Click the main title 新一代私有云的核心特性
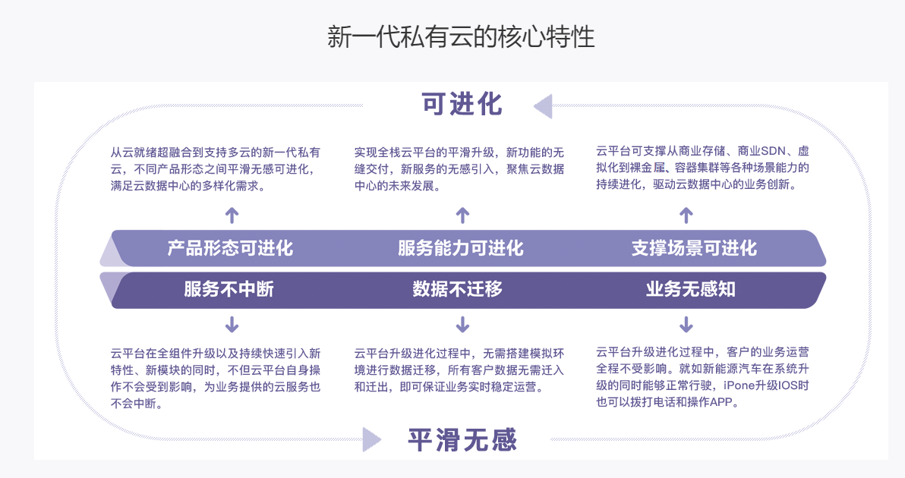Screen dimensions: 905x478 coord(461,37)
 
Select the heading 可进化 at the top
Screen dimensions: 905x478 coord(462,105)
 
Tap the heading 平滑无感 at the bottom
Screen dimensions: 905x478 coord(462,440)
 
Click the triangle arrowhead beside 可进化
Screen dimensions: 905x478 coord(543,106)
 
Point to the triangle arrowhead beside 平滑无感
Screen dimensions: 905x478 coord(372,439)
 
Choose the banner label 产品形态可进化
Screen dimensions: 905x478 coord(230,248)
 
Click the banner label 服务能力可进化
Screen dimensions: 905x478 coord(461,248)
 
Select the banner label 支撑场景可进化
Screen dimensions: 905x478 coord(694,248)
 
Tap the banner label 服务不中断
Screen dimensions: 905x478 coord(229,289)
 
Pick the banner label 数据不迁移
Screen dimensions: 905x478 coord(457,289)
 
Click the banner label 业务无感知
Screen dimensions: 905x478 coord(691,289)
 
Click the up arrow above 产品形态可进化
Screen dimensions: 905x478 coord(232,215)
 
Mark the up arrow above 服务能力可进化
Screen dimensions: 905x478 coord(462,215)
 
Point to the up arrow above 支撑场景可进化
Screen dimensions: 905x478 coord(686,215)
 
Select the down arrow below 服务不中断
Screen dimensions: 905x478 coord(232,325)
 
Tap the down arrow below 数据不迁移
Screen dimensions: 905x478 coord(462,325)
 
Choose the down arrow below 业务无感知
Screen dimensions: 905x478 coord(686,325)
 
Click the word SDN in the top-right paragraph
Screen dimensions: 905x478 coord(774,151)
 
